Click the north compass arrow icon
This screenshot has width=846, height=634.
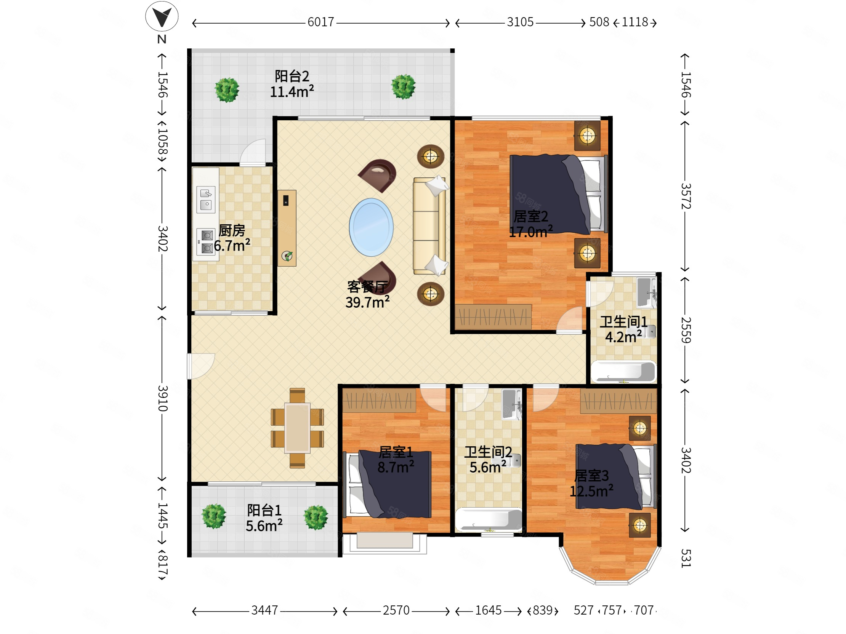(162, 16)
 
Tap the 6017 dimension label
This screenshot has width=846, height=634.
(321, 22)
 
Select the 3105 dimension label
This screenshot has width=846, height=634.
(520, 22)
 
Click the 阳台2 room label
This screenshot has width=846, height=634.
(292, 76)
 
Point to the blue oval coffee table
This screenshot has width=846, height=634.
(371, 227)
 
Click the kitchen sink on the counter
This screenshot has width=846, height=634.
(206, 199)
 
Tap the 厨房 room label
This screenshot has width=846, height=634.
(232, 230)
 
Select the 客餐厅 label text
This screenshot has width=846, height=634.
(367, 287)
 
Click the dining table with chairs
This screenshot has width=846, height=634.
(297, 428)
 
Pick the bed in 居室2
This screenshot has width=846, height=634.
(559, 194)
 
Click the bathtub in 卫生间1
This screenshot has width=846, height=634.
(623, 372)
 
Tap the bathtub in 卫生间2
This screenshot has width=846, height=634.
(489, 520)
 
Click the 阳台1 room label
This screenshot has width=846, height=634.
(264, 510)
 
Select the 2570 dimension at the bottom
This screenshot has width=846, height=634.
(396, 610)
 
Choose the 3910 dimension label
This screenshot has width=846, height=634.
(163, 398)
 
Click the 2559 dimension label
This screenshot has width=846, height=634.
(686, 330)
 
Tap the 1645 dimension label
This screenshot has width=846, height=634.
(489, 610)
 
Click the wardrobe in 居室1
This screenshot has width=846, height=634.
(379, 401)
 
